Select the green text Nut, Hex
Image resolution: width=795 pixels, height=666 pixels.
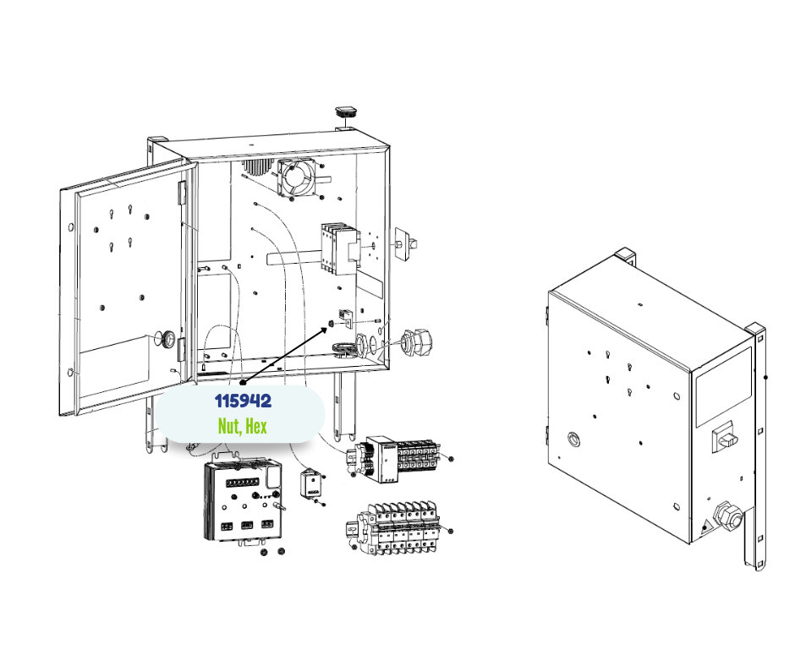click(x=242, y=426)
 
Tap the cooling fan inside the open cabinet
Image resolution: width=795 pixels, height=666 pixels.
click(x=297, y=176)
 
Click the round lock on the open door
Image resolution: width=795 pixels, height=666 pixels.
click(x=167, y=340)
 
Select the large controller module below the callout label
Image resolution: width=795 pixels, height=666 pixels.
click(x=243, y=502)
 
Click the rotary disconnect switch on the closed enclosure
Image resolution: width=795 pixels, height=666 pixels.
click(x=726, y=437)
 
